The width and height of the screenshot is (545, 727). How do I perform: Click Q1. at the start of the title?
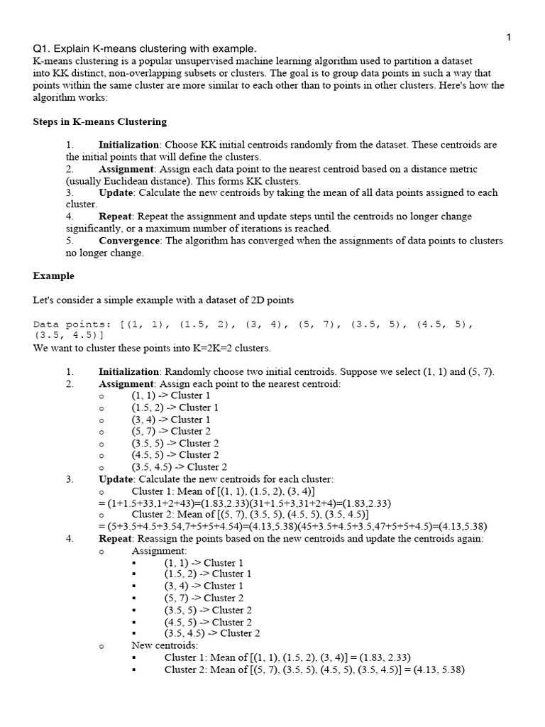tap(43, 49)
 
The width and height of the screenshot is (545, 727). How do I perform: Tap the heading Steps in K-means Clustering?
tap(100, 121)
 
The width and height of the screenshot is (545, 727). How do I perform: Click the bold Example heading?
tap(54, 275)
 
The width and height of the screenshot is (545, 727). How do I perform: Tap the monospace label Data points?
tap(74, 324)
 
